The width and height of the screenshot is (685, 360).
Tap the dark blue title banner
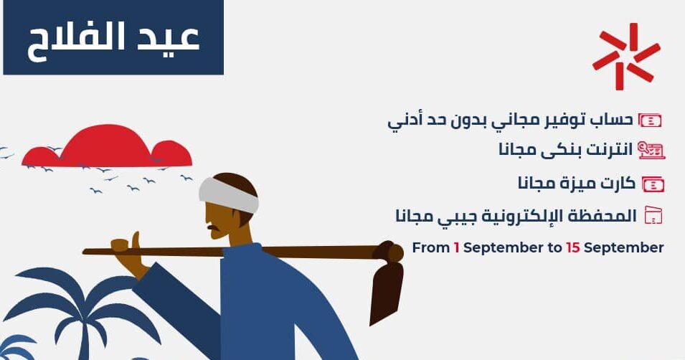coord(113,37)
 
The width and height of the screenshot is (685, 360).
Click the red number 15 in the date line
coord(572,247)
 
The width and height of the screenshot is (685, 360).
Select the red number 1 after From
coord(456,247)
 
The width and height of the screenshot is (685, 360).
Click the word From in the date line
coord(431,247)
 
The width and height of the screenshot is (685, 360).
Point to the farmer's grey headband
coord(229,195)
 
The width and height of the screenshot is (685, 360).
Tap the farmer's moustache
coord(214,227)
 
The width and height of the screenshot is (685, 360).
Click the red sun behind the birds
coord(107,146)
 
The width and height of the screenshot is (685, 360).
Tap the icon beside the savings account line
coord(650,120)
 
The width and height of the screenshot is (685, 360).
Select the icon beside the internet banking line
coord(651,151)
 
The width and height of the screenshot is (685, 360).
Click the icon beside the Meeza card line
coord(653,184)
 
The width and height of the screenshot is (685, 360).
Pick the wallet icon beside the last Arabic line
coord(654,215)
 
